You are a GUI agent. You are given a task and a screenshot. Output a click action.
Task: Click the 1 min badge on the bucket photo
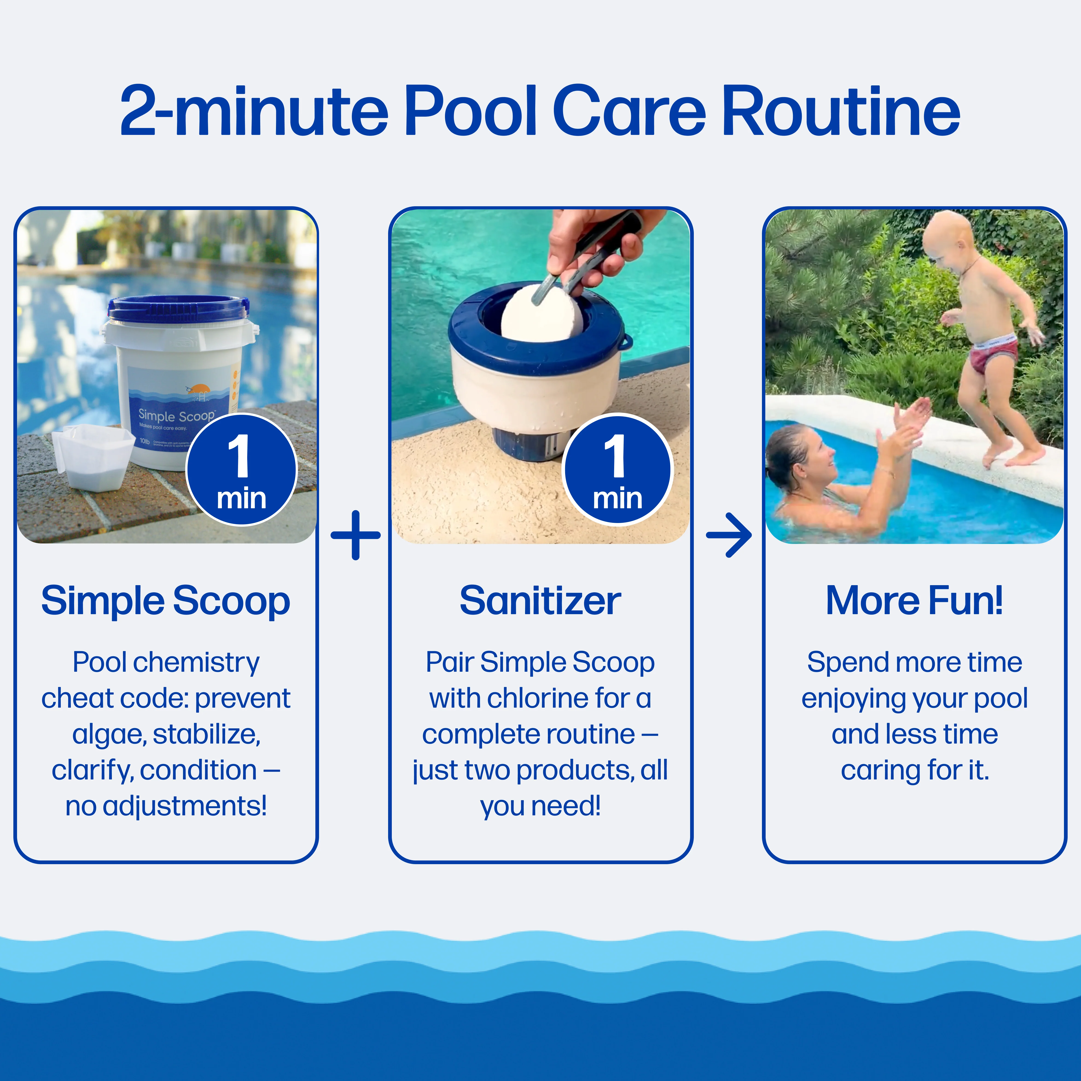[241, 469]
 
